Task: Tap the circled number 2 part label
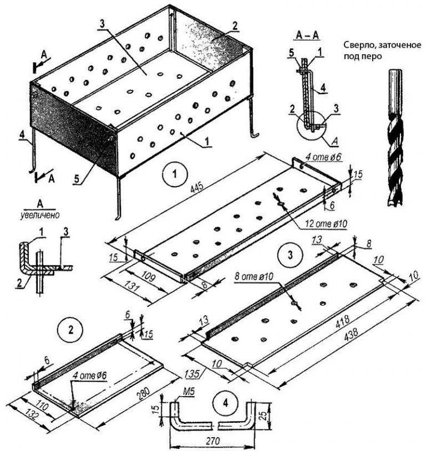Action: [70, 330]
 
